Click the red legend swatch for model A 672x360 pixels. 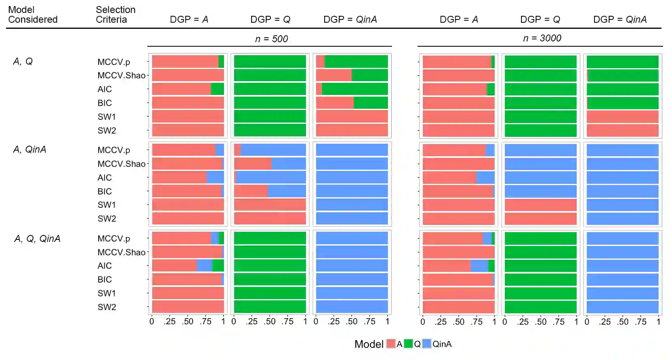click(x=391, y=344)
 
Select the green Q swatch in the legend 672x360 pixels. click(x=408, y=344)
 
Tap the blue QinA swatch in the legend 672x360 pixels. click(x=426, y=344)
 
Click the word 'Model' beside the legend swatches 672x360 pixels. click(x=368, y=344)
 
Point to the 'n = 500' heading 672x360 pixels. click(x=271, y=39)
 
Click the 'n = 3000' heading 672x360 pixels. click(x=542, y=38)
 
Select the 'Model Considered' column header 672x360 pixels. click(x=32, y=15)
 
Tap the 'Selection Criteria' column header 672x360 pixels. click(x=115, y=15)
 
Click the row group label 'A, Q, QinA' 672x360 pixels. click(x=37, y=239)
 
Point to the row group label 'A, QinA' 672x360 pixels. click(x=30, y=150)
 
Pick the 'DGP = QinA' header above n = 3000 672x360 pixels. click(x=620, y=19)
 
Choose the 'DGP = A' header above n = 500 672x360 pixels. click(x=189, y=19)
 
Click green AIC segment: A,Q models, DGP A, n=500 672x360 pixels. click(x=218, y=89)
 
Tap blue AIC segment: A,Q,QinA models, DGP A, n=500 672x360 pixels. click(x=205, y=266)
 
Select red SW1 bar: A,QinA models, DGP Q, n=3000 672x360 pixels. click(x=541, y=205)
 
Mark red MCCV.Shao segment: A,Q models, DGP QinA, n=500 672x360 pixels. click(x=334, y=75)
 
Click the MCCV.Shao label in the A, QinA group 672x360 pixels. click(x=121, y=164)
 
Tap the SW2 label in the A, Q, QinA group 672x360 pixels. click(x=107, y=307)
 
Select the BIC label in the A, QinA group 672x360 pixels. click(x=105, y=192)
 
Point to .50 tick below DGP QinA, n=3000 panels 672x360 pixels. click(x=622, y=322)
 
